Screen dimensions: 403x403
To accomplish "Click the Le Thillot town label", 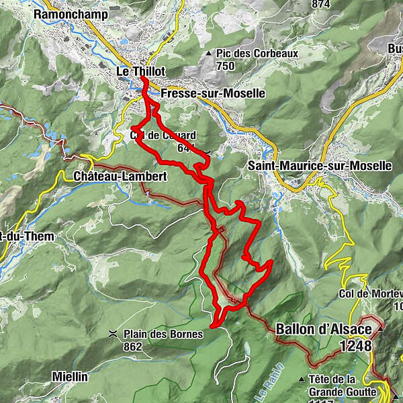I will (141, 71).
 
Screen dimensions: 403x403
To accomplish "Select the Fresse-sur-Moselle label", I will (213, 94).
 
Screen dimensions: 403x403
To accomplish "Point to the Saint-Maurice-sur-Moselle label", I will (319, 165).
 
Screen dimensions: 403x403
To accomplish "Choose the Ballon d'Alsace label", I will (323, 330).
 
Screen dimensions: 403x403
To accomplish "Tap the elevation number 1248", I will (355, 345).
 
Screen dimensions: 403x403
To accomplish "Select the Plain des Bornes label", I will (163, 334).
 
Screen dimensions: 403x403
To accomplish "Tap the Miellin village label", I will (70, 377).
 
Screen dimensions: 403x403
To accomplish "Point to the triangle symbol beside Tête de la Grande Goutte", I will (302, 379).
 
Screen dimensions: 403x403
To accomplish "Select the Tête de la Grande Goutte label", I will (342, 384).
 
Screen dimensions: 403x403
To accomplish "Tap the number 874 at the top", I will (321, 4).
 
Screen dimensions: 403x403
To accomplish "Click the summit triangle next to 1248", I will (381, 330).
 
